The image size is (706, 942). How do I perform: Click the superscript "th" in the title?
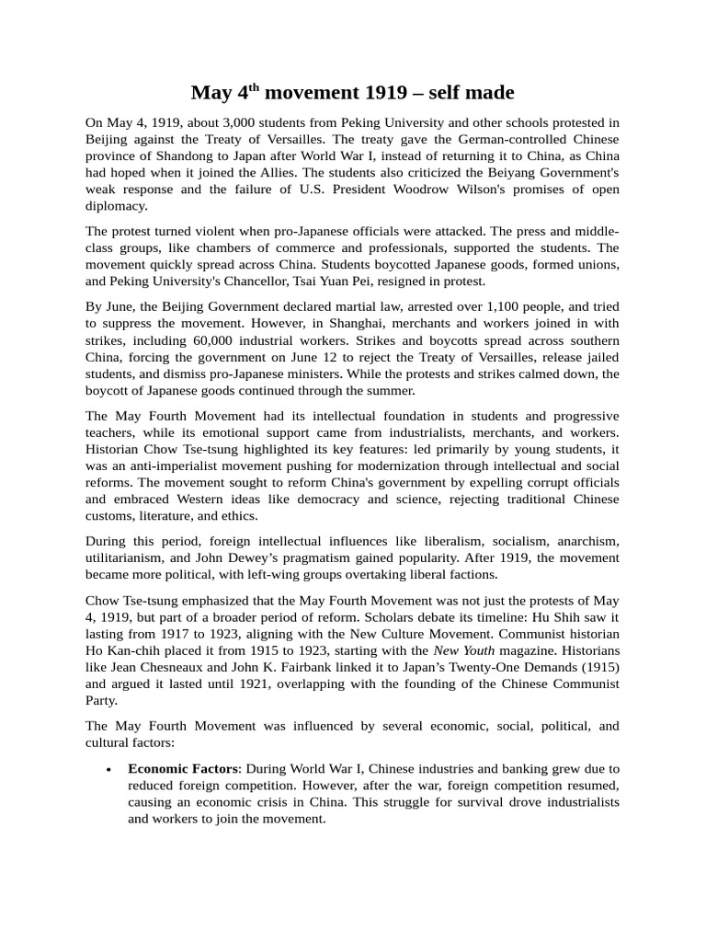(256, 87)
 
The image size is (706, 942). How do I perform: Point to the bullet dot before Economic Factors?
(109, 769)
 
